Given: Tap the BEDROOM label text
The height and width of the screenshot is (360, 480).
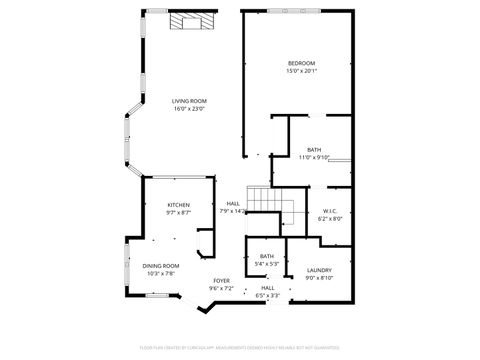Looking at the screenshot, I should coord(301,63).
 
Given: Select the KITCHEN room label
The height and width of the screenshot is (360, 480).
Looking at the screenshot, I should coord(178,205).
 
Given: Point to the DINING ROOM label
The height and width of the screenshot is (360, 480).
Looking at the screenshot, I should coord(161,265).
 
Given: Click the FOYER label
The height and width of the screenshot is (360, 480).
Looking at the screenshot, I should coord(221,281).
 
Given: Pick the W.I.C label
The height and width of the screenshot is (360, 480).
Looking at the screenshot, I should coord(332,210).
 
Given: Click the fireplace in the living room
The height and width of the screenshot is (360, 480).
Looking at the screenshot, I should coord(189,21).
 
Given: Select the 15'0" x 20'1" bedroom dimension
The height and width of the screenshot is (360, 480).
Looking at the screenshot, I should coord(301,71).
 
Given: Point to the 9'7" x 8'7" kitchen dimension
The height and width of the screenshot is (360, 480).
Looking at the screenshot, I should coord(178,212).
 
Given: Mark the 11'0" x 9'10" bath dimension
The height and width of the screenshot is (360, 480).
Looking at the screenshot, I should coord(314,157).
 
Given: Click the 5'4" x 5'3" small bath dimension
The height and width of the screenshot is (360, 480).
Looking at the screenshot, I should coord(266,264).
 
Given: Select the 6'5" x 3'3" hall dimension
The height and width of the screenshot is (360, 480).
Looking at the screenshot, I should coord(268,295).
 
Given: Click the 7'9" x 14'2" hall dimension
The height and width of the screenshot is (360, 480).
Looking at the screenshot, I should coord(233,211).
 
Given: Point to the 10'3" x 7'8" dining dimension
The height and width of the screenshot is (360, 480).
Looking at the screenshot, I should coord(161,273).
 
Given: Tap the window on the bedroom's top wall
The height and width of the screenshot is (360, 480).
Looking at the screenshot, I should coord(294,10).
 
